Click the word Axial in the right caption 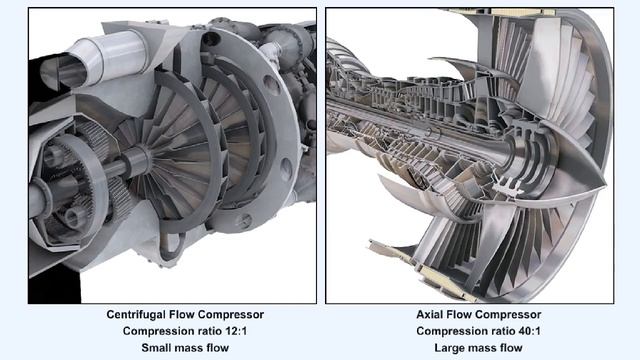point(432,314)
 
